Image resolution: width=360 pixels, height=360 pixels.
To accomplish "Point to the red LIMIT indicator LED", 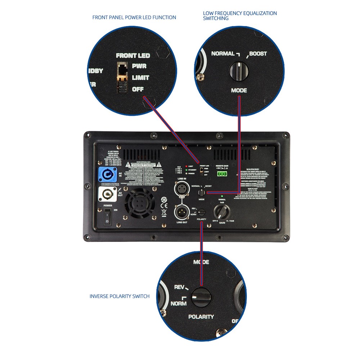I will click(x=186, y=166).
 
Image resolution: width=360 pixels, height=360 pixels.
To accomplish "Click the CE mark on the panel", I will click(x=163, y=212).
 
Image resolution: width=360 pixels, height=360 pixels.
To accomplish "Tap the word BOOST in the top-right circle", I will click(x=258, y=54).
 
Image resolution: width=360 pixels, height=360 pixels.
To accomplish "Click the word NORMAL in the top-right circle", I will click(x=223, y=54).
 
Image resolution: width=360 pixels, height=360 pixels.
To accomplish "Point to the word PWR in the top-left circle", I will click(x=139, y=66).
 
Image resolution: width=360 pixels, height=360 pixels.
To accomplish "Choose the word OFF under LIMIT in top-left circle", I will click(x=138, y=89).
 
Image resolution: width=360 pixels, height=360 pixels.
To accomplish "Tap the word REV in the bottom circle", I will click(x=179, y=287).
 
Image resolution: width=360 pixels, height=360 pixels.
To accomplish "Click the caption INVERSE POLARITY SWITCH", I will click(x=120, y=296).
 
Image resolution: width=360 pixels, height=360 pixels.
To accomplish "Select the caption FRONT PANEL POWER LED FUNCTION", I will click(x=134, y=17).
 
